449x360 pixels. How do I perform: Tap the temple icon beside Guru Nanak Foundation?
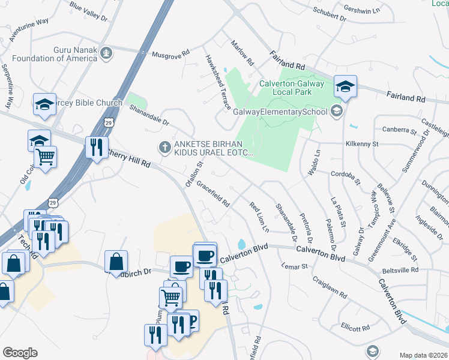click(x=107, y=53)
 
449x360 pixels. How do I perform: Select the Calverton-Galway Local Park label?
click(x=292, y=89)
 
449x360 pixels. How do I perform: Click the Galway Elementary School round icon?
click(x=337, y=111)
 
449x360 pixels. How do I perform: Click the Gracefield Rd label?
click(x=213, y=194)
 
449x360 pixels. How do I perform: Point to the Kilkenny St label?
click(x=361, y=144)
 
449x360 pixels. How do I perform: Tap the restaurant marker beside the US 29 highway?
click(x=96, y=147)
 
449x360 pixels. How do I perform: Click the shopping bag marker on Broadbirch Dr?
click(x=116, y=262)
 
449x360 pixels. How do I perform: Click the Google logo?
click(x=20, y=353)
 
